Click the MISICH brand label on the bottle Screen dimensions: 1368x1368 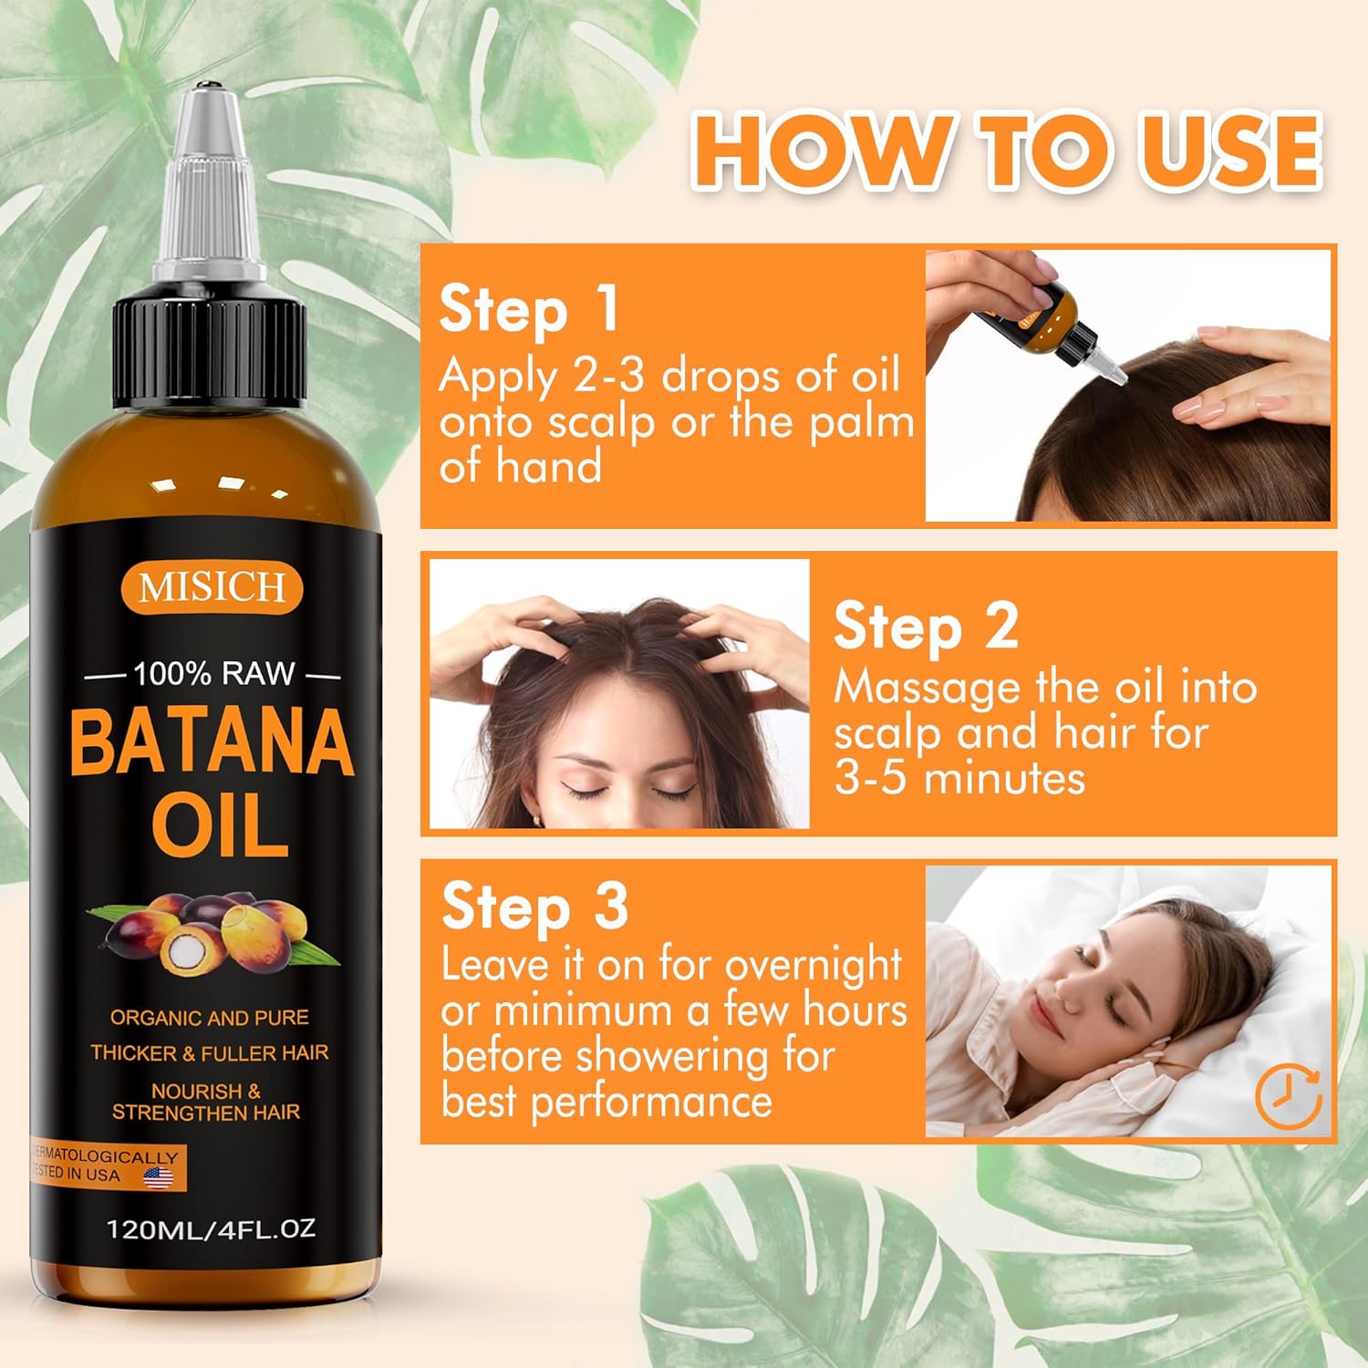(x=212, y=586)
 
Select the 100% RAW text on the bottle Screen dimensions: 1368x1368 (x=214, y=674)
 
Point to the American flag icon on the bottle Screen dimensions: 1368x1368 (x=159, y=1177)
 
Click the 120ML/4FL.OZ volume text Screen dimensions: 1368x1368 (x=212, y=1228)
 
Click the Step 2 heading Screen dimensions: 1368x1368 (x=926, y=628)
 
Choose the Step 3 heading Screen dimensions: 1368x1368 (x=535, y=907)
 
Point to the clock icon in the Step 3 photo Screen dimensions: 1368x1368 (x=1289, y=1097)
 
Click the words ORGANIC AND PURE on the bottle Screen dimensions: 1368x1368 (x=210, y=1018)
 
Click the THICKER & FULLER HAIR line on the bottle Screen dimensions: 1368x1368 (x=210, y=1053)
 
